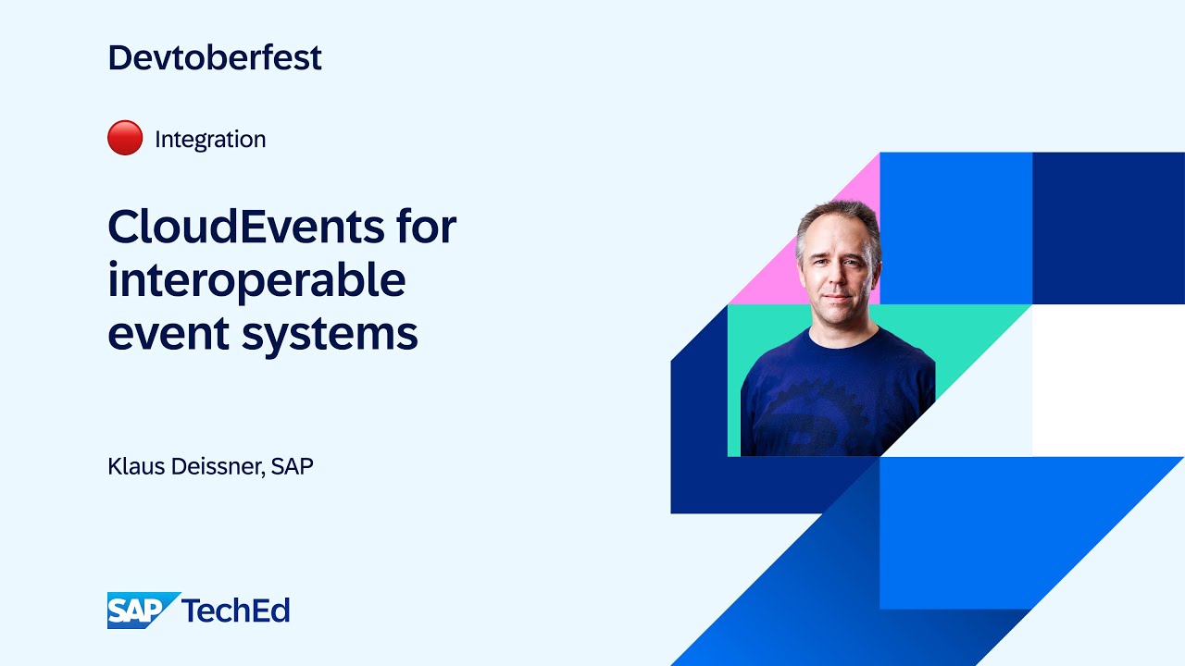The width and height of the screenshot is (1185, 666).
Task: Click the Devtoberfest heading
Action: (x=215, y=57)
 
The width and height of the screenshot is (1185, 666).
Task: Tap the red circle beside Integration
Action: (x=125, y=139)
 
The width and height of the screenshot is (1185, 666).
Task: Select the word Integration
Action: (x=210, y=140)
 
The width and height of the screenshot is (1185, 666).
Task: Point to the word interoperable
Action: (x=256, y=279)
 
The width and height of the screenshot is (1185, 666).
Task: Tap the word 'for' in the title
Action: (x=427, y=227)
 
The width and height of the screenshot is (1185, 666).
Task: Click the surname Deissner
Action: (x=220, y=466)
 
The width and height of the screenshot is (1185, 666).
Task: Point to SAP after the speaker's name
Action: (x=293, y=466)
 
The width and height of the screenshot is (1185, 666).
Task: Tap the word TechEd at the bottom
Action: (x=236, y=610)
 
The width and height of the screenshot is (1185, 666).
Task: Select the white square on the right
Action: (x=1108, y=379)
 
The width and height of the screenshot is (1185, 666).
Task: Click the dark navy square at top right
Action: (x=1108, y=228)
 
